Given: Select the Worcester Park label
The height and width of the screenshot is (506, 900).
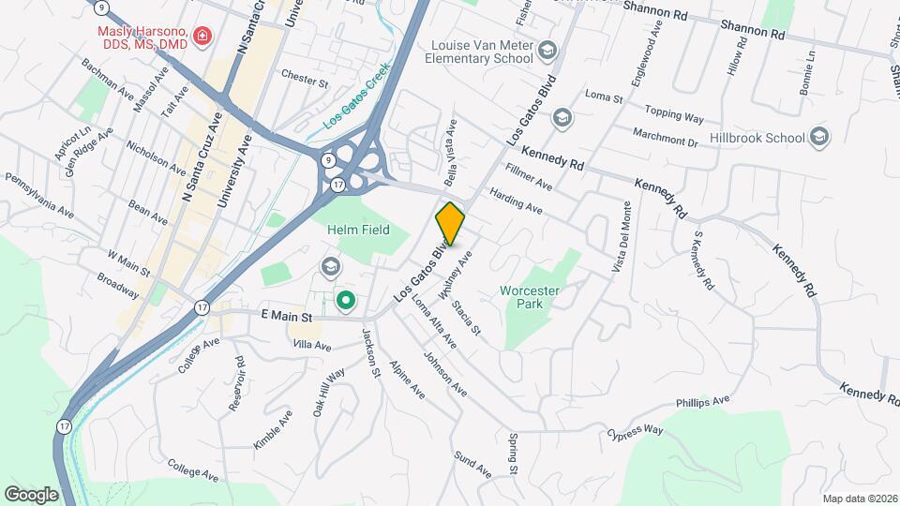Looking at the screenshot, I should pyautogui.click(x=530, y=297).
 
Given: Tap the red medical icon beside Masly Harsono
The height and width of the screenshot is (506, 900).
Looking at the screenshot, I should pyautogui.click(x=202, y=37).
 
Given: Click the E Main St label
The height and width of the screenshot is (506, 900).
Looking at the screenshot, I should pyautogui.click(x=286, y=319).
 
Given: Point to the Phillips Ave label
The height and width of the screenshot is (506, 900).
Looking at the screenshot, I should pyautogui.click(x=702, y=402).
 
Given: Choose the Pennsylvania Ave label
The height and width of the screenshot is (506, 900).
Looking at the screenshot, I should pyautogui.click(x=39, y=194).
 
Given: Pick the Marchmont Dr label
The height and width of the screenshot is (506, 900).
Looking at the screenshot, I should pyautogui.click(x=666, y=138).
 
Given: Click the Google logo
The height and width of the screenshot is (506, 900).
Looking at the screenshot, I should pyautogui.click(x=31, y=494).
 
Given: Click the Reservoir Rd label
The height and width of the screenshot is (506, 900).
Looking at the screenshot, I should pyautogui.click(x=238, y=384).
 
